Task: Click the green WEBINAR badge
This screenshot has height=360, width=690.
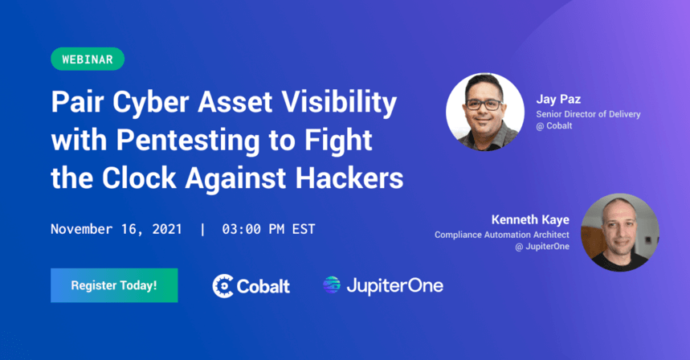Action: [x=88, y=59]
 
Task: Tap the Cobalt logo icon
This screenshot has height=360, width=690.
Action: [x=223, y=286]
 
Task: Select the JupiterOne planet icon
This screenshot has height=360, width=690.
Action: [x=332, y=284]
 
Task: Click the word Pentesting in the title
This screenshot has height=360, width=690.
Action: [x=188, y=141]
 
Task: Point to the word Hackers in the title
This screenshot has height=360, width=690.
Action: [x=349, y=178]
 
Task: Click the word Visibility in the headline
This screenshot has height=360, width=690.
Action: [x=339, y=103]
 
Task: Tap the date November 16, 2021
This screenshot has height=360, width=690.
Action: [x=116, y=229]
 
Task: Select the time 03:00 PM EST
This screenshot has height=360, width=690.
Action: [x=268, y=229]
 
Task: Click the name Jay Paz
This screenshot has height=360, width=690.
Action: [x=558, y=99]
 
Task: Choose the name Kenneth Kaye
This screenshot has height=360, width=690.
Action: [x=530, y=219]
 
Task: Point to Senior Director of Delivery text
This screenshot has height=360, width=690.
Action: [x=588, y=114]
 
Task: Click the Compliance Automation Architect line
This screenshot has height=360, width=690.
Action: [x=502, y=235]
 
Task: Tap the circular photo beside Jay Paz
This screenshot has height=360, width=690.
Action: [x=484, y=112]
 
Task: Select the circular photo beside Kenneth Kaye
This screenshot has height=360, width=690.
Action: [x=619, y=232]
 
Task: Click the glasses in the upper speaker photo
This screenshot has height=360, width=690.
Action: [x=484, y=104]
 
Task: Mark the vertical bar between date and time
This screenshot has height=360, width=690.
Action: [x=202, y=229]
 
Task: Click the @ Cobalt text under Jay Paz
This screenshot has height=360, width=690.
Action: [x=554, y=126]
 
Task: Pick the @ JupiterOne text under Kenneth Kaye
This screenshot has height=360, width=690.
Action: [x=542, y=247]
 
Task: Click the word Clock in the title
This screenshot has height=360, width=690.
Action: [x=139, y=178]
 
